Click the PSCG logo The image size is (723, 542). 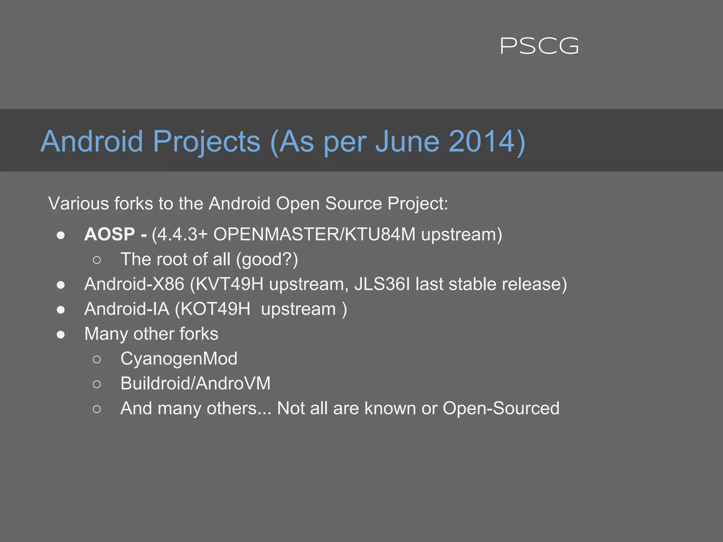[x=539, y=46]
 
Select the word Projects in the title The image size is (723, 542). [x=207, y=142]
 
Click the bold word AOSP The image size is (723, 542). [x=109, y=234]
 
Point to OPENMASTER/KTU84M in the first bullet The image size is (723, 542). [x=314, y=234]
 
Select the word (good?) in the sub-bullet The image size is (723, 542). [x=267, y=260]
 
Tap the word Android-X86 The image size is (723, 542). [x=134, y=284]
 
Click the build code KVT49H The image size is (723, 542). [x=229, y=284]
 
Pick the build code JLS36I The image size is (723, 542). [x=382, y=284]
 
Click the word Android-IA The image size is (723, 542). [x=127, y=309]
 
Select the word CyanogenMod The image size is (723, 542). [x=179, y=359]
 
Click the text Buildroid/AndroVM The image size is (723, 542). [x=195, y=384]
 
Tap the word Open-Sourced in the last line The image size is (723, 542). [x=501, y=409]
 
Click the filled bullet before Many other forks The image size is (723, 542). [x=61, y=334]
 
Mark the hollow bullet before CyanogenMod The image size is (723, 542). [x=97, y=359]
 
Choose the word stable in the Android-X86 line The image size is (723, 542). [x=472, y=284]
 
